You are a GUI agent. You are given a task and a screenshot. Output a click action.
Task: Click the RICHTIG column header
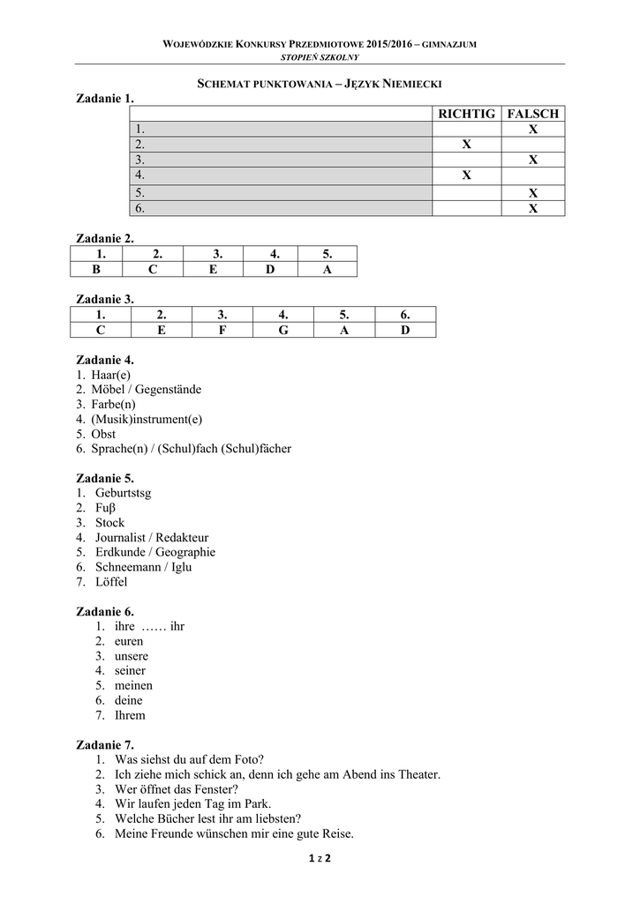pyautogui.click(x=467, y=114)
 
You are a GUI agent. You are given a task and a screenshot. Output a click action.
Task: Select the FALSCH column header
pyautogui.click(x=533, y=114)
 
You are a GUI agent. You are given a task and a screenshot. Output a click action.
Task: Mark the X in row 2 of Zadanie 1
pyautogui.click(x=467, y=145)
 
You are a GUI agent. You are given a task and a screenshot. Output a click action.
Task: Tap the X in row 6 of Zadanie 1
pyautogui.click(x=533, y=209)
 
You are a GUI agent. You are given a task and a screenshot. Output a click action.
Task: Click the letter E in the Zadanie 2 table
pyautogui.click(x=213, y=270)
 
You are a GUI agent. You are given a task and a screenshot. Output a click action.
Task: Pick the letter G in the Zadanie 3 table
pyautogui.click(x=282, y=330)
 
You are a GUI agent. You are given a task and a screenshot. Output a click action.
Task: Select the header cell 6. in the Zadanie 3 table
pyautogui.click(x=405, y=314)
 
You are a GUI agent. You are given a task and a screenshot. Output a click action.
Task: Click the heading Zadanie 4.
pyautogui.click(x=105, y=360)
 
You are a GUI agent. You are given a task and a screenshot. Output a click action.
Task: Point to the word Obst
pyautogui.click(x=103, y=434)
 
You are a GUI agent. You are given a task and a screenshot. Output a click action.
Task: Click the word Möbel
pyautogui.click(x=109, y=389)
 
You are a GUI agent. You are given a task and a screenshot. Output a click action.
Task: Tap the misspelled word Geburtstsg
pyautogui.click(x=124, y=493)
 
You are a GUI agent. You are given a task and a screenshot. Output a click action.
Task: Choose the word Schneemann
pyautogui.click(x=124, y=567)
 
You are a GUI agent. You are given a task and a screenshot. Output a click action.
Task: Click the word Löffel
pyautogui.click(x=112, y=582)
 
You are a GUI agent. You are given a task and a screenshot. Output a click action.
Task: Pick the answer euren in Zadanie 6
pyautogui.click(x=130, y=641)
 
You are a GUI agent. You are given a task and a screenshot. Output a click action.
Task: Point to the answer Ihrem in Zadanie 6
pyautogui.click(x=130, y=715)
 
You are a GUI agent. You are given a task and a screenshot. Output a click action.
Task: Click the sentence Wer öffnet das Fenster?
pyautogui.click(x=177, y=789)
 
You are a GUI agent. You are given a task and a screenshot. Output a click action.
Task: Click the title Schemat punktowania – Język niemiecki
pyautogui.click(x=318, y=83)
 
